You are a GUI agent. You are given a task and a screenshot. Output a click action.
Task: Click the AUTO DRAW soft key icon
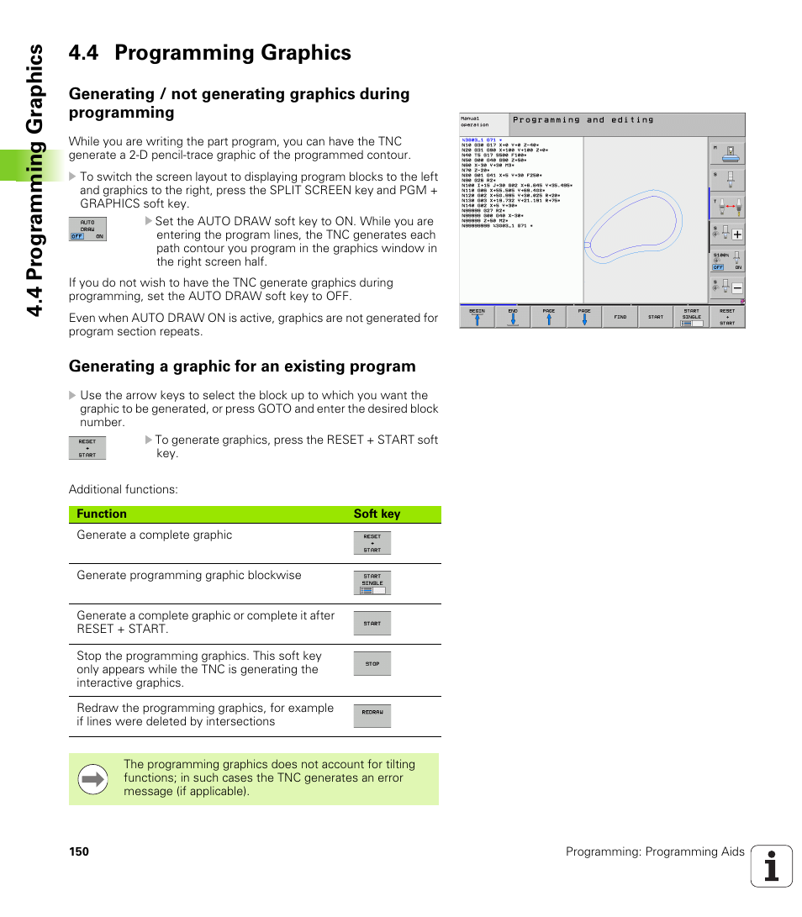(x=87, y=229)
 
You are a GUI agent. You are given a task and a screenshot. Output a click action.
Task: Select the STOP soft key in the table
(x=372, y=664)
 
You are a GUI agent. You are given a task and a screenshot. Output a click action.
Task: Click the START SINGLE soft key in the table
(x=372, y=583)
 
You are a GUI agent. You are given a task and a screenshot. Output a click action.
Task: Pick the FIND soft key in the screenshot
(x=620, y=317)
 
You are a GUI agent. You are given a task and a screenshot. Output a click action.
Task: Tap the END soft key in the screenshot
(x=513, y=317)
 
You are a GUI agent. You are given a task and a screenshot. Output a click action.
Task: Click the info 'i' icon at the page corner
(x=771, y=867)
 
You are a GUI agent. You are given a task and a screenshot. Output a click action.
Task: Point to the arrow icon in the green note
(x=93, y=779)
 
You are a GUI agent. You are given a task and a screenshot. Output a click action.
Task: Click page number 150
(x=79, y=852)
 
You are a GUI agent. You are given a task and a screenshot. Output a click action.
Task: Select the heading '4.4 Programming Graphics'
(x=210, y=53)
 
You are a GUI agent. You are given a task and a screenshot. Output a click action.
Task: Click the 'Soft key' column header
(x=377, y=514)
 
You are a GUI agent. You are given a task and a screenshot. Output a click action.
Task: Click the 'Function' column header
(x=102, y=514)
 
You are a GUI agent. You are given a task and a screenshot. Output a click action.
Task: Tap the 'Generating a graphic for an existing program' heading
(x=242, y=366)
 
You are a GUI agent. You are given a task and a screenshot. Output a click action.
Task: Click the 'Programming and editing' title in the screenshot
(x=583, y=120)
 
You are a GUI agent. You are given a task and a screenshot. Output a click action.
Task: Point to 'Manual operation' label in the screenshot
(x=476, y=122)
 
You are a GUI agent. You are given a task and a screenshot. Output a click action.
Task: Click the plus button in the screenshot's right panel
(x=736, y=235)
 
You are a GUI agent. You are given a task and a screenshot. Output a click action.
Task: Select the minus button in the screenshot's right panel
(x=736, y=288)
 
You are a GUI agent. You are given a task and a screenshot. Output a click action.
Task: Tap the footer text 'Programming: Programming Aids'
(x=655, y=852)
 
